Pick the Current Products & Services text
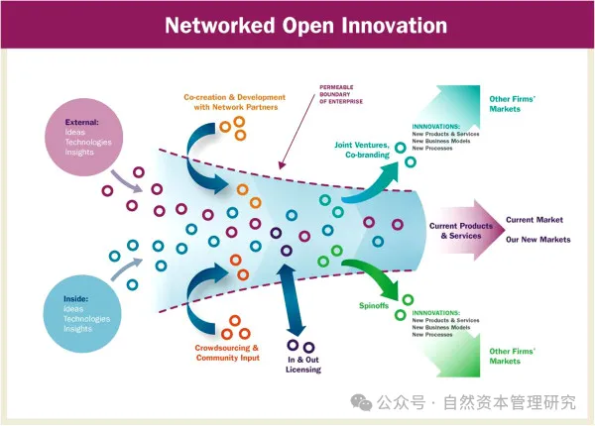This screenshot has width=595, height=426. pos(456,231)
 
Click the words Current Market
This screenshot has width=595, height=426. pos(535,219)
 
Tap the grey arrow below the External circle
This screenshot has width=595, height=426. pos(125,179)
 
